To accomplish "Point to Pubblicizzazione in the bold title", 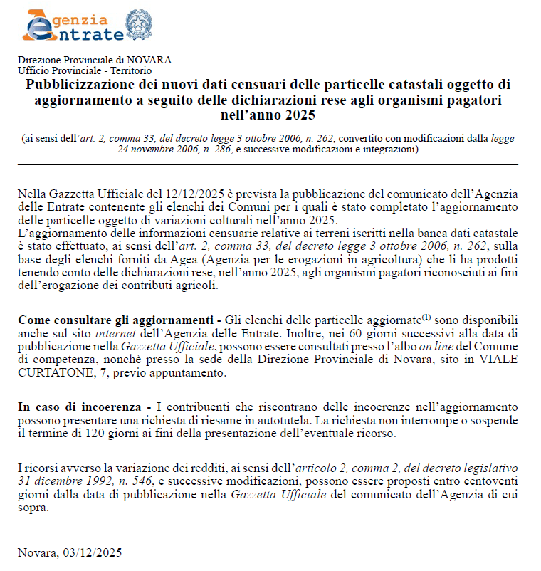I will pos(80,85).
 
